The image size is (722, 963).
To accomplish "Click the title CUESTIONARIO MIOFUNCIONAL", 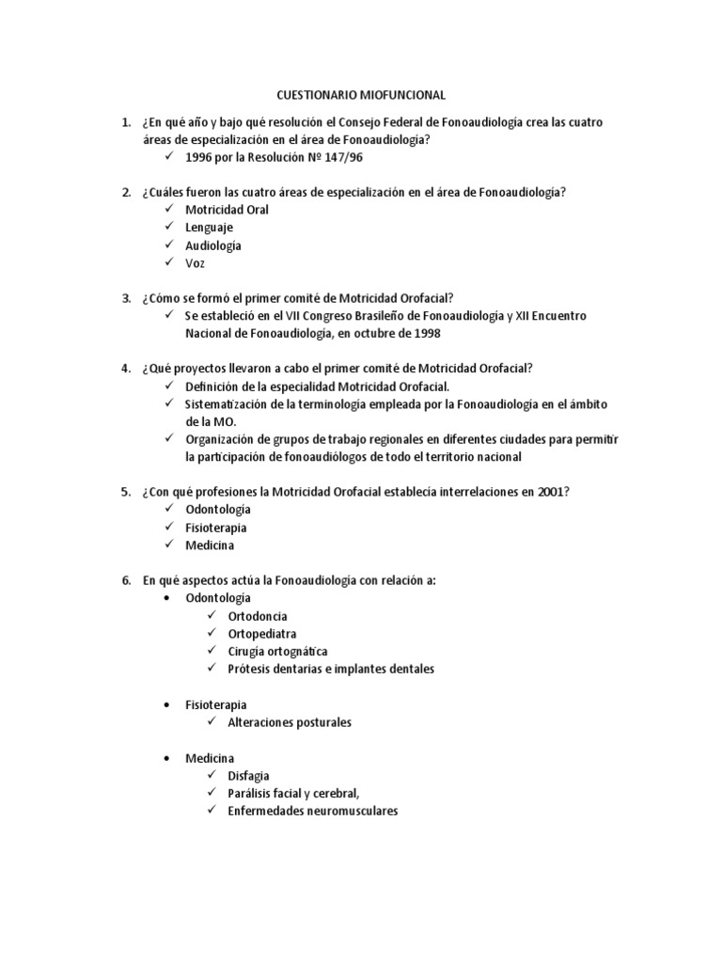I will pyautogui.click(x=361, y=95).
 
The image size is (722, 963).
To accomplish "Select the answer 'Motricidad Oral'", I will pyautogui.click(x=227, y=210).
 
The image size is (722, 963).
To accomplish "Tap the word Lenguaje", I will pyautogui.click(x=209, y=228).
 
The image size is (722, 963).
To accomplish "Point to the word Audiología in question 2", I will pyautogui.click(x=213, y=245).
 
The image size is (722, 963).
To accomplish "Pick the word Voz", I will pyautogui.click(x=195, y=263).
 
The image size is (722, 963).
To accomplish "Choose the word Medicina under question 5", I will pyautogui.click(x=210, y=545).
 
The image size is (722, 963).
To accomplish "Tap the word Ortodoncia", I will pyautogui.click(x=258, y=616).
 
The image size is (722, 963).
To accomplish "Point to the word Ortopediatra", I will pyautogui.click(x=261, y=634).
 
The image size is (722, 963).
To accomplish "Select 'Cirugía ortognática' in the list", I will pyautogui.click(x=277, y=651).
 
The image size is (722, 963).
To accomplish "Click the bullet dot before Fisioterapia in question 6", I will pyautogui.click(x=167, y=704).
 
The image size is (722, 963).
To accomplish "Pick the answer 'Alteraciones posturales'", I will pyautogui.click(x=290, y=722).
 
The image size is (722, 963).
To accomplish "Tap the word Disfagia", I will pyautogui.click(x=248, y=776).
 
